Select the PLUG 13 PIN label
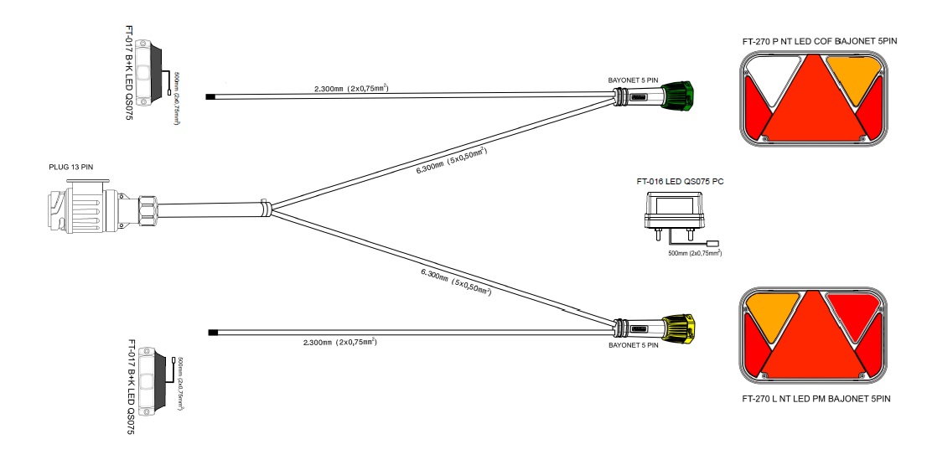pos(71,168)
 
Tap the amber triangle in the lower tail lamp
pos(769,314)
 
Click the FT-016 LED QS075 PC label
pos(680,182)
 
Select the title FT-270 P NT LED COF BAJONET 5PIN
pos(820,42)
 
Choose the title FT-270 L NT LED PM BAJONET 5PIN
pos(816,399)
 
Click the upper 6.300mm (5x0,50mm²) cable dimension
pos(452,159)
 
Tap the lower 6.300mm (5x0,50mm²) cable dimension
pos(455,282)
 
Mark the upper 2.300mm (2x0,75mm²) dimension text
pos(351,89)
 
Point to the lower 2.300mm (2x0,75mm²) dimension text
pos(340,343)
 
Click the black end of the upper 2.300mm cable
pos(210,97)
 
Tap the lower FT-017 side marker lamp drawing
pos(153,382)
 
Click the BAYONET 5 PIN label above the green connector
pos(633,80)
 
